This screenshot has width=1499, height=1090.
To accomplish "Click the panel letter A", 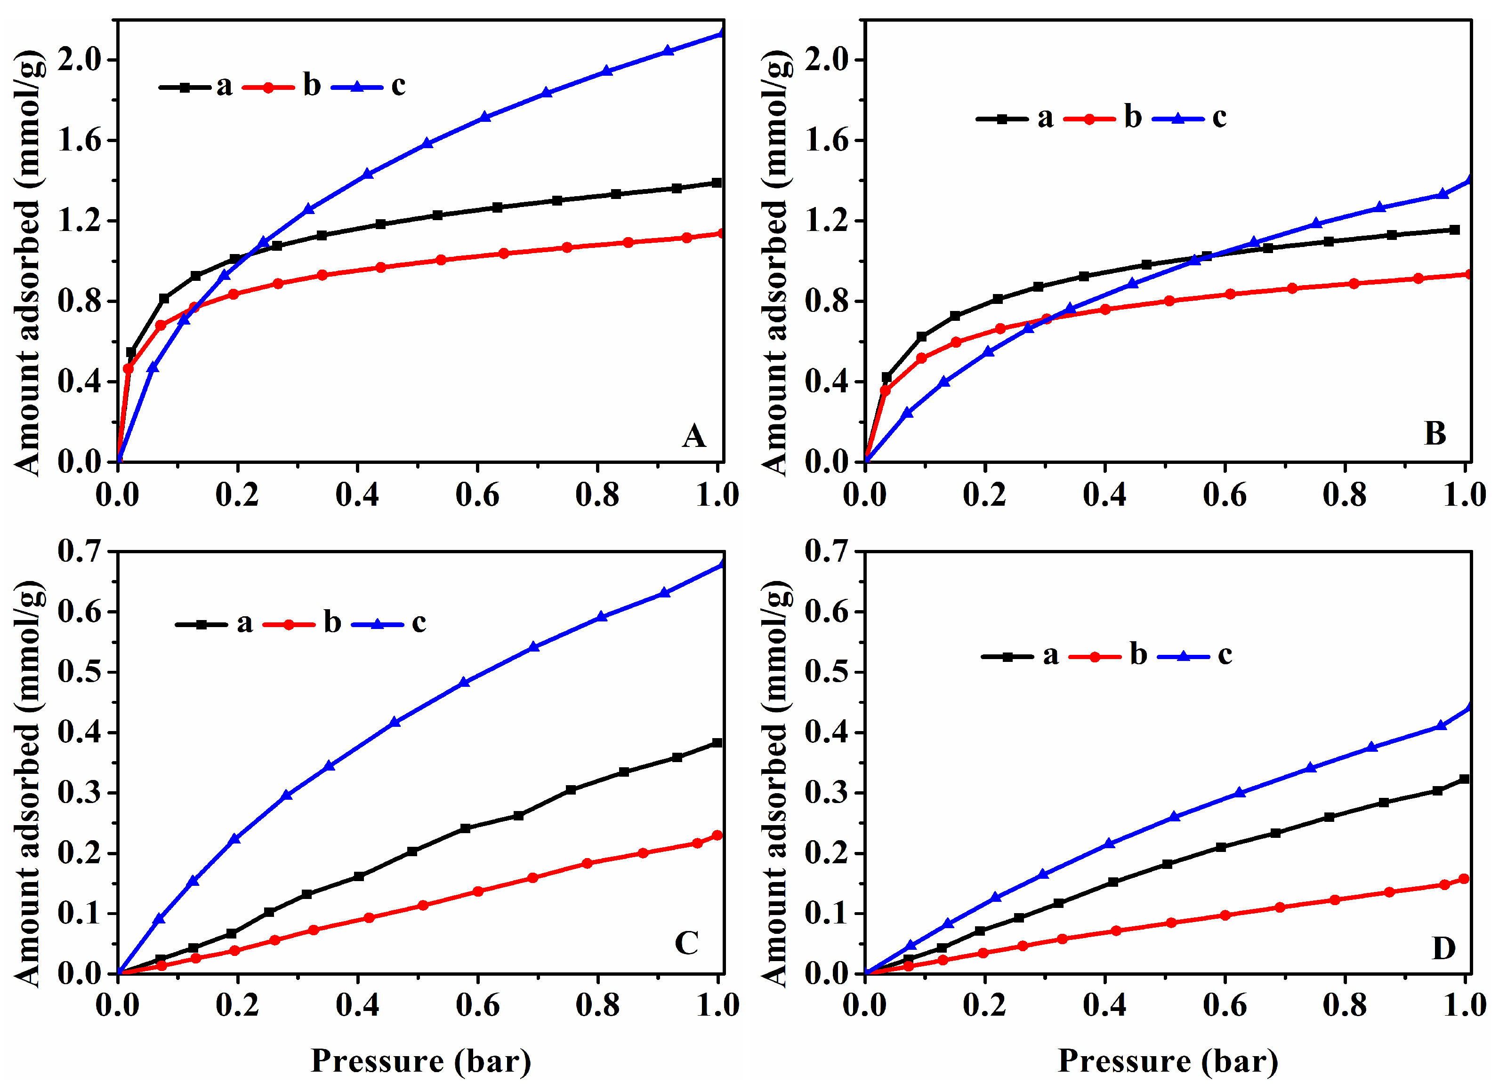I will click(x=693, y=436).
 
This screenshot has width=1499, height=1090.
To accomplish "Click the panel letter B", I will click(x=1434, y=434).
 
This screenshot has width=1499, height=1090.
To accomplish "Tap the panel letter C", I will click(x=686, y=943).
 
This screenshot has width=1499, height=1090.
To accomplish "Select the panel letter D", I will click(x=1443, y=948).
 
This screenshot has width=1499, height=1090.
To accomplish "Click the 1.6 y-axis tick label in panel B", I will click(x=826, y=140).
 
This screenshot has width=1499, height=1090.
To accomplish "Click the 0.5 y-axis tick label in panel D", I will click(x=826, y=671).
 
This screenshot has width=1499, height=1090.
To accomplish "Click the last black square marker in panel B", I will click(x=1454, y=230).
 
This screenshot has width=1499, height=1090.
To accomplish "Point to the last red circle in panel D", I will click(x=1463, y=879).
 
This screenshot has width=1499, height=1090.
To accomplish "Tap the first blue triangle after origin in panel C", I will click(x=159, y=918).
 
